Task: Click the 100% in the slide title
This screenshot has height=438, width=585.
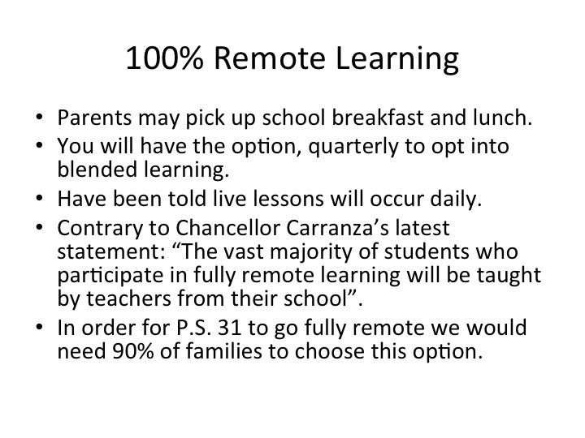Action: tap(164, 58)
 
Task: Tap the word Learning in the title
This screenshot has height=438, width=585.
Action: tap(397, 59)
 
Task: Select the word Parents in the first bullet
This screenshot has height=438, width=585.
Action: tap(94, 118)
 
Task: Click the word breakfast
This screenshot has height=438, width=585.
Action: tap(378, 118)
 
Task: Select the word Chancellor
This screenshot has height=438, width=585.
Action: tap(227, 228)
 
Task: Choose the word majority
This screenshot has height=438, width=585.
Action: tap(310, 252)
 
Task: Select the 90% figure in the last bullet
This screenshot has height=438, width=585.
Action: tap(132, 351)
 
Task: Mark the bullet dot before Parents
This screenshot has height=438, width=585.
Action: tap(40, 118)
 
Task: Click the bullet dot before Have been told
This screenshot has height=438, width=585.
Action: tap(40, 199)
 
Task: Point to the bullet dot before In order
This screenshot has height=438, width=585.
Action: tap(40, 328)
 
